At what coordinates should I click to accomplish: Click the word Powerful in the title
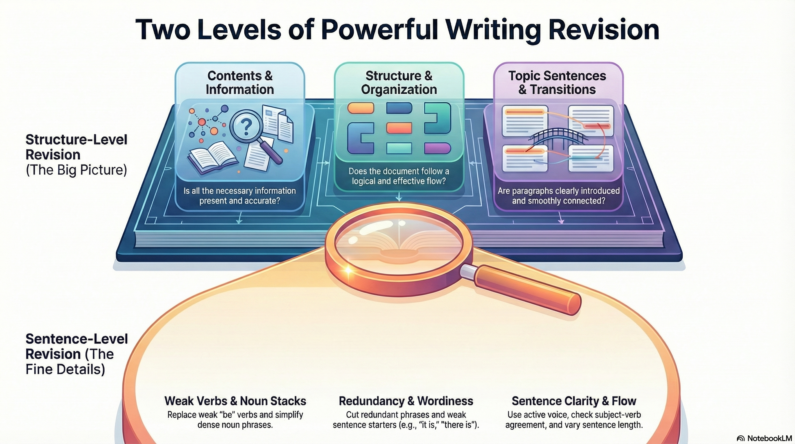[380, 30]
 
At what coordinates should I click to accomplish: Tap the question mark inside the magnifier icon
[246, 127]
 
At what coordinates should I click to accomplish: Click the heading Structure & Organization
[399, 83]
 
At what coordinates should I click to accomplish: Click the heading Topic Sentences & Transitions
[557, 83]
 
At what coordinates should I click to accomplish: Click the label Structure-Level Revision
[76, 147]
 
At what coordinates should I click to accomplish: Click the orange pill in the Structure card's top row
[361, 108]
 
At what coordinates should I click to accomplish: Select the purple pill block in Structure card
[437, 148]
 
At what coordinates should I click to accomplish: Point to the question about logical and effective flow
[399, 176]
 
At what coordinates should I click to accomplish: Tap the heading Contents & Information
[240, 83]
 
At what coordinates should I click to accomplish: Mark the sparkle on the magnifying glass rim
[348, 271]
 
